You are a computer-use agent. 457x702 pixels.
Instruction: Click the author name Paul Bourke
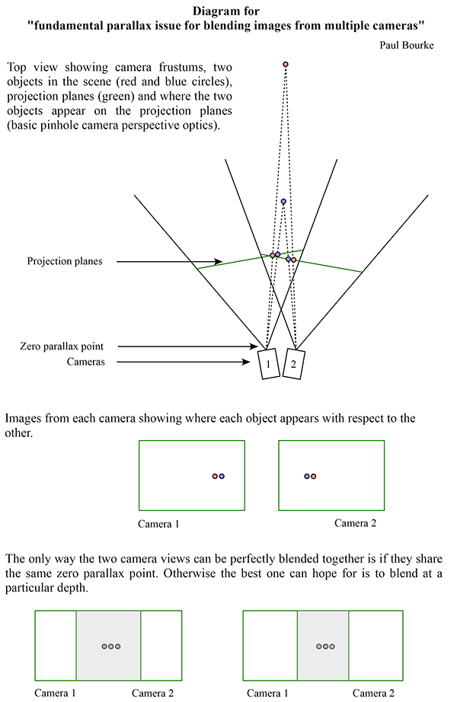coord(407,45)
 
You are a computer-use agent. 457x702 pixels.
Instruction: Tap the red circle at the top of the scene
coord(286,65)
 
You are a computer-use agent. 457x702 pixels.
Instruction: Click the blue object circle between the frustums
coord(283,202)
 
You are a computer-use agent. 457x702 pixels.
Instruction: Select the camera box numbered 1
coord(269,364)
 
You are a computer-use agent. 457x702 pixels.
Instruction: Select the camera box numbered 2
coord(294,364)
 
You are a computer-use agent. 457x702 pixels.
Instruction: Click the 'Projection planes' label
coord(65,261)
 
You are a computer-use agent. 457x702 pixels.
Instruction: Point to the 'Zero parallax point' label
coord(62,346)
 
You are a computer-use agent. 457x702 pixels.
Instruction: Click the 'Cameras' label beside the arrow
coord(85,362)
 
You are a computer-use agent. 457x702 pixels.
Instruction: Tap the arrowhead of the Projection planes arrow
coord(218,261)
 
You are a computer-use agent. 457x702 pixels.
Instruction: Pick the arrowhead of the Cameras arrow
coord(246,362)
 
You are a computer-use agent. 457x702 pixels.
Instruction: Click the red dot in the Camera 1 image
coord(215,477)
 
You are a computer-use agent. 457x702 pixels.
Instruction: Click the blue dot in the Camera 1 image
coord(222,477)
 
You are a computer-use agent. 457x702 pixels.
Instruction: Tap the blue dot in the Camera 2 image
coord(307,477)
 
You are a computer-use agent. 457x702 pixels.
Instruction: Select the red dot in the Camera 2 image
coord(314,477)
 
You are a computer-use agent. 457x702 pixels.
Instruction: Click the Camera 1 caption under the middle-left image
coord(158,524)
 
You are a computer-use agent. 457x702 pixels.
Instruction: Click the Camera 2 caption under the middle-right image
coord(355,523)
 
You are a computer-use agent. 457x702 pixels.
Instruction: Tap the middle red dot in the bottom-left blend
coord(111,646)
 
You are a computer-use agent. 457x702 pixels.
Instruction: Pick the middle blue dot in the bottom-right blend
coord(326,646)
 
